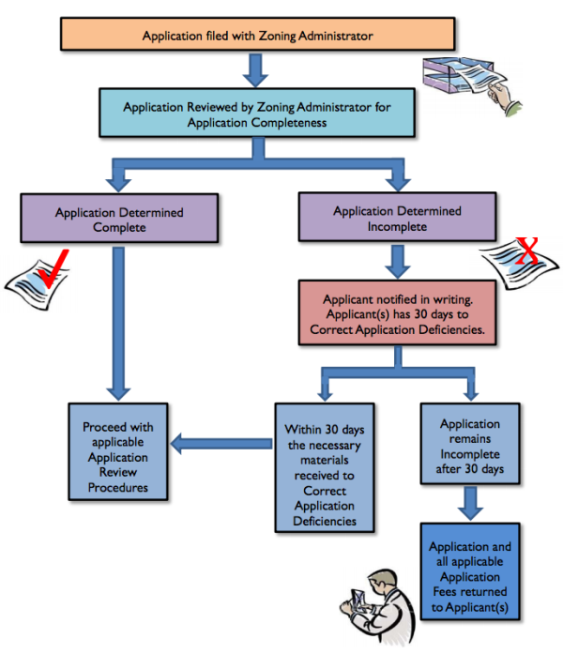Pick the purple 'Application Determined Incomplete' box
[x=397, y=219]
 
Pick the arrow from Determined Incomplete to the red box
[x=399, y=259]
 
